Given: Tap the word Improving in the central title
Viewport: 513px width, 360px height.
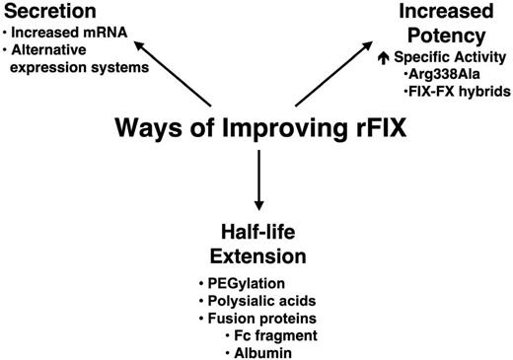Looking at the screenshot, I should coord(256,129).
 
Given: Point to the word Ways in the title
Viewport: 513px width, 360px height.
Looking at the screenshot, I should coord(148,129).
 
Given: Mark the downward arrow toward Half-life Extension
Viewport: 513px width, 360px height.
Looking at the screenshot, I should coord(257,181).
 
